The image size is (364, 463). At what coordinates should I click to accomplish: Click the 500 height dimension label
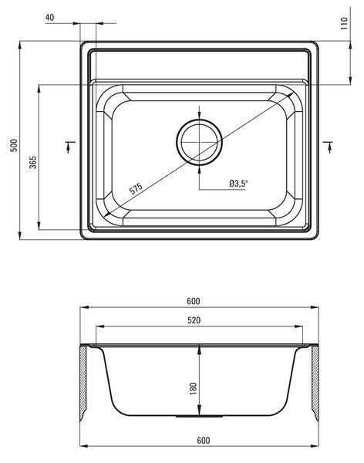[x=14, y=145]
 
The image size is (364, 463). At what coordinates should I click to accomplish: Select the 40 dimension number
[x=50, y=18]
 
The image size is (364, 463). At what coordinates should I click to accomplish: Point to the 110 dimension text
[x=344, y=23]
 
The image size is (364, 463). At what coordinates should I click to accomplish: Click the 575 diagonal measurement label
[x=136, y=188]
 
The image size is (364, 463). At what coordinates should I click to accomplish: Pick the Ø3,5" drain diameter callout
[x=238, y=184]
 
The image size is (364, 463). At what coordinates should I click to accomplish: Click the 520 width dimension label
[x=194, y=320]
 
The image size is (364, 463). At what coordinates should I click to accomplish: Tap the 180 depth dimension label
[x=193, y=388]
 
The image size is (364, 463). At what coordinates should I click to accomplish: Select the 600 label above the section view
[x=194, y=301]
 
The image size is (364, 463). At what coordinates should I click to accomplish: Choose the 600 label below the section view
[x=204, y=441]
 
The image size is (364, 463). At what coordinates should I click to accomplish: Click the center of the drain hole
[x=199, y=142]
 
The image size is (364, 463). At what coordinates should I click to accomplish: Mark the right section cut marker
[x=328, y=147]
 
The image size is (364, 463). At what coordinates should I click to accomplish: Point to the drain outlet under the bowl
[x=199, y=417]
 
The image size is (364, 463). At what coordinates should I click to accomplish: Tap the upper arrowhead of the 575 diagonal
[x=290, y=94]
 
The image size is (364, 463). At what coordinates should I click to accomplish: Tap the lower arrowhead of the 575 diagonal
[x=107, y=213]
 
